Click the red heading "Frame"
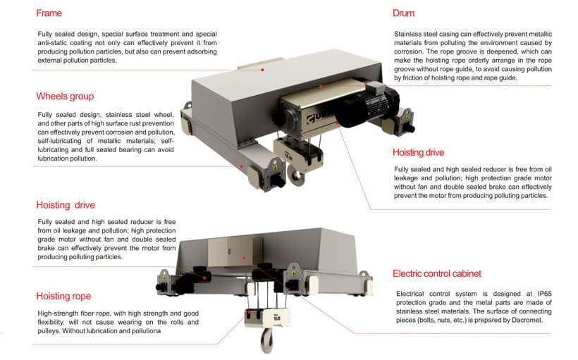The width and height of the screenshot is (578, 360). (x=50, y=13)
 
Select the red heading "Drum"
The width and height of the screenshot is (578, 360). (x=403, y=13)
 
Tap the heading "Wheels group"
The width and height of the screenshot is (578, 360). (x=65, y=96)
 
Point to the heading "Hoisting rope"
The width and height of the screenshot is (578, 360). (x=63, y=296)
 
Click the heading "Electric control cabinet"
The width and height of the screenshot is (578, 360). (x=437, y=273)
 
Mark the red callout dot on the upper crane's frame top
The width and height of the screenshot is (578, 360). (x=263, y=69)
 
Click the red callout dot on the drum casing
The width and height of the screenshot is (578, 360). (x=321, y=86)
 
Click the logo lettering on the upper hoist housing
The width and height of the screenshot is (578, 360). (x=311, y=116)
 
